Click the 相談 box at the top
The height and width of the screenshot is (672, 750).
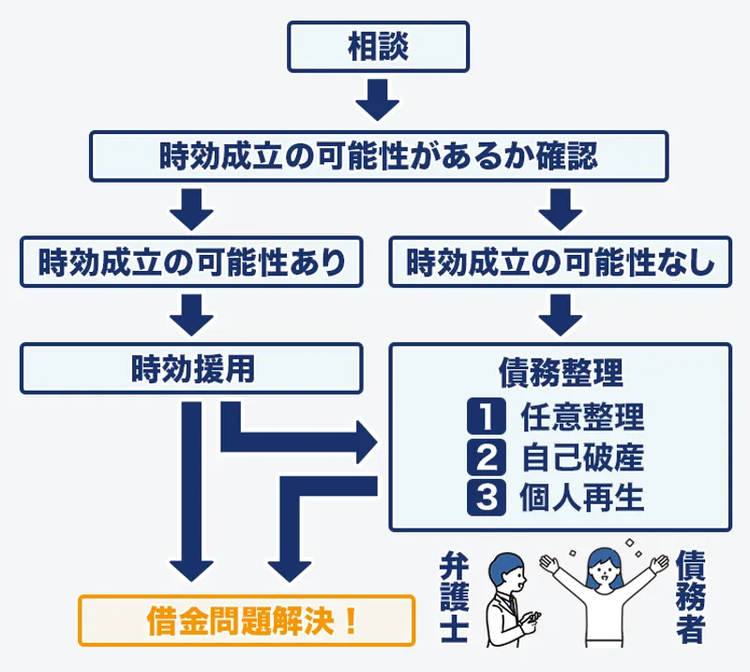pos(378,47)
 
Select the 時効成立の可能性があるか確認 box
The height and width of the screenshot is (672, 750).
pos(378,156)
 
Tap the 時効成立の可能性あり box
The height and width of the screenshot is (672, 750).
pos(191,261)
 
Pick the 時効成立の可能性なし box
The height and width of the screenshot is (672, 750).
pos(560,261)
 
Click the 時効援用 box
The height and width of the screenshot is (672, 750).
pos(191,367)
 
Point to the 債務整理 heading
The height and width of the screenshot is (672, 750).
pos(560,372)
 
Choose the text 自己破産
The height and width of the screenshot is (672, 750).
pos(581,456)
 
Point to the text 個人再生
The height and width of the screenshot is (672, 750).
pos(581,497)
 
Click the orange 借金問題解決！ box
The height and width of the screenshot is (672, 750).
pos(246,620)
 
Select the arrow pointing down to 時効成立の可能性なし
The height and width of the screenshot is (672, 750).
pos(560,208)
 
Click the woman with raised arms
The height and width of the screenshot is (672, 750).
pos(599,590)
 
